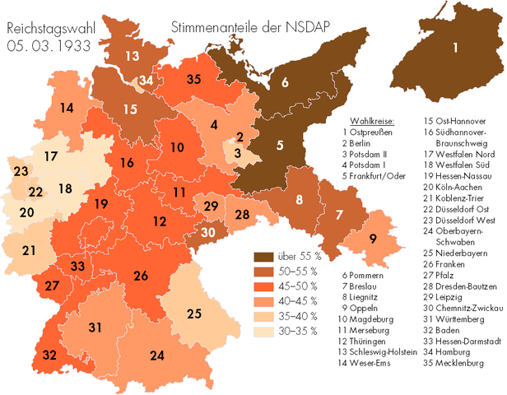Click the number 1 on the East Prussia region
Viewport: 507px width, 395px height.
pos(454,47)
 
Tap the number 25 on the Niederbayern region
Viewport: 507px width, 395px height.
pos(193,314)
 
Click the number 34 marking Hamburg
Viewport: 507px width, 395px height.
pos(146,81)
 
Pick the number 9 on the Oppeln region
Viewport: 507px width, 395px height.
pos(373,239)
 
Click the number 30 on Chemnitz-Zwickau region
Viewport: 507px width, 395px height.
pos(208,233)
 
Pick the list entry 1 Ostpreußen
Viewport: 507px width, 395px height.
pos(369,132)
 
